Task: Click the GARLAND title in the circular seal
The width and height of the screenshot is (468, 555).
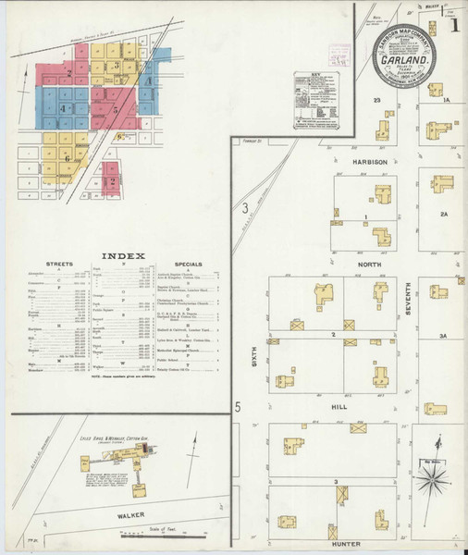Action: (x=404, y=62)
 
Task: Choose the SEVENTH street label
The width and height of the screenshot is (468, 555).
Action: (x=407, y=297)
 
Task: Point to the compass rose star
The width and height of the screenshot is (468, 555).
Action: (x=430, y=479)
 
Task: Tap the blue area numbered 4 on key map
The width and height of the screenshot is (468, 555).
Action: (x=63, y=108)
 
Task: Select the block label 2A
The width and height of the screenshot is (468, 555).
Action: (x=443, y=214)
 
